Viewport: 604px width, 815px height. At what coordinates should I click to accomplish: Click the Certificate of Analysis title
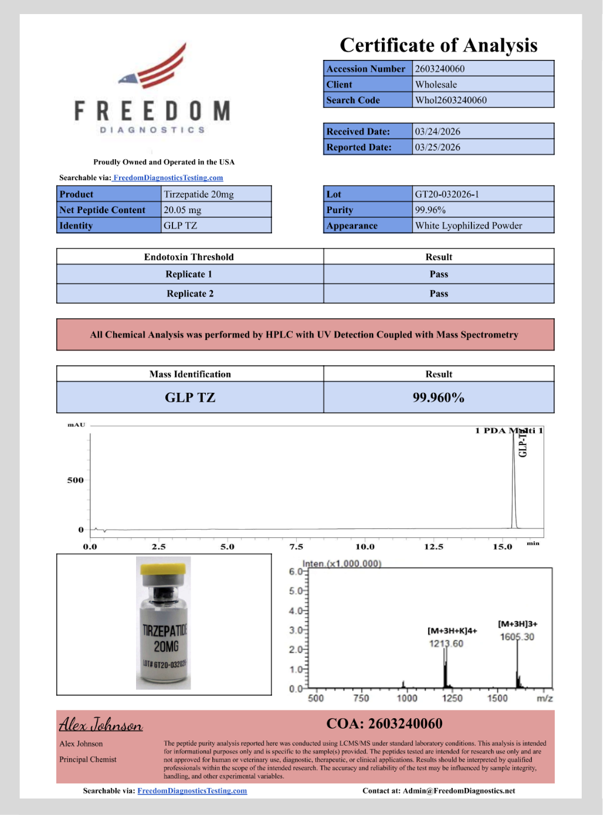pos(439,45)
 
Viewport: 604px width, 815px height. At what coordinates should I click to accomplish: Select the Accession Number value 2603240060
pos(440,69)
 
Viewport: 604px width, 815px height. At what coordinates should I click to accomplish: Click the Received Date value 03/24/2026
pos(437,132)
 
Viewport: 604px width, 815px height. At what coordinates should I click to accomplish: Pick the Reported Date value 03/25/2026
pos(437,147)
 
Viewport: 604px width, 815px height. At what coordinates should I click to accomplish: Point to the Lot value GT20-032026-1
pos(447,194)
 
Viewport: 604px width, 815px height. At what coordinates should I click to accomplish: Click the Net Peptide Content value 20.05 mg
pos(182,210)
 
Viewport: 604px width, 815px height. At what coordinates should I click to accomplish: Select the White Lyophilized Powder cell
pos(469,226)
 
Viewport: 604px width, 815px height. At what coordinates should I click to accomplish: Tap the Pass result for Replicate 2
pos(439,294)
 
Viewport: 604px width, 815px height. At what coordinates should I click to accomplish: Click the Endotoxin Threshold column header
pos(189,257)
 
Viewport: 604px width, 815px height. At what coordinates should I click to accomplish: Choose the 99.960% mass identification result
pos(439,398)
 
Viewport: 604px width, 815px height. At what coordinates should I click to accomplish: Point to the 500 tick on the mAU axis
pos(76,480)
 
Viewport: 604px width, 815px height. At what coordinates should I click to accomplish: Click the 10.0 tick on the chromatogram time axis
pos(365,547)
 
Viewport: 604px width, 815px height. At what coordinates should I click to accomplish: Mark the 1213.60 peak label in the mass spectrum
pos(446,644)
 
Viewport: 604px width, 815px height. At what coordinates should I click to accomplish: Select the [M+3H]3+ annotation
pos(518,624)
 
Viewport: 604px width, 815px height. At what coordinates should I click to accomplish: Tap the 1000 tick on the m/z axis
pos(407,698)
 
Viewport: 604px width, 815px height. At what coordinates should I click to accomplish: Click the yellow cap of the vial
pos(164,568)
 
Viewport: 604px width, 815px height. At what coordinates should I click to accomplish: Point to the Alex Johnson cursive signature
pos(101,725)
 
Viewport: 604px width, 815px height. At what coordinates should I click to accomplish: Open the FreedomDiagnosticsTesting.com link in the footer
pos(192,791)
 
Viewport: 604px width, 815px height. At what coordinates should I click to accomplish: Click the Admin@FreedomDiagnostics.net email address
pos(459,791)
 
